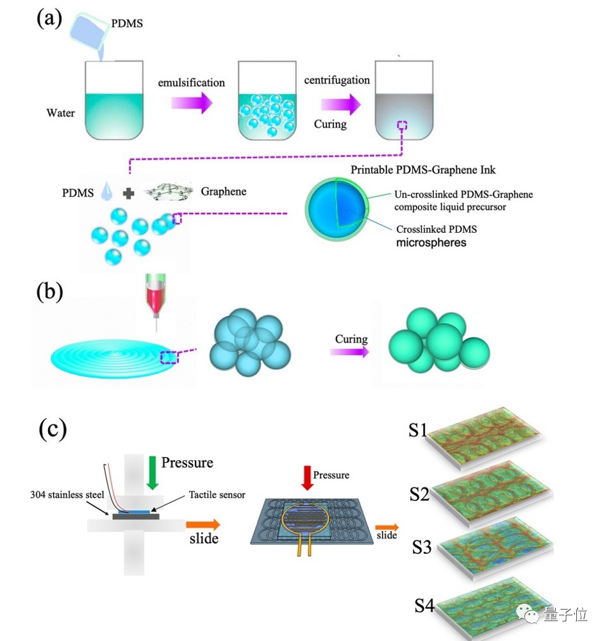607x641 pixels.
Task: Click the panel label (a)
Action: tap(49, 18)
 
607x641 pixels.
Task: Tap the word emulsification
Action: tap(192, 83)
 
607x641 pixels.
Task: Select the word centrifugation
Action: tap(337, 80)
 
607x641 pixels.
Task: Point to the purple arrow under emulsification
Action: tap(192, 103)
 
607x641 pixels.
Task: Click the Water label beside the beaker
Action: tap(60, 113)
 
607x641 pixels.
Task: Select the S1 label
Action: tap(418, 430)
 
